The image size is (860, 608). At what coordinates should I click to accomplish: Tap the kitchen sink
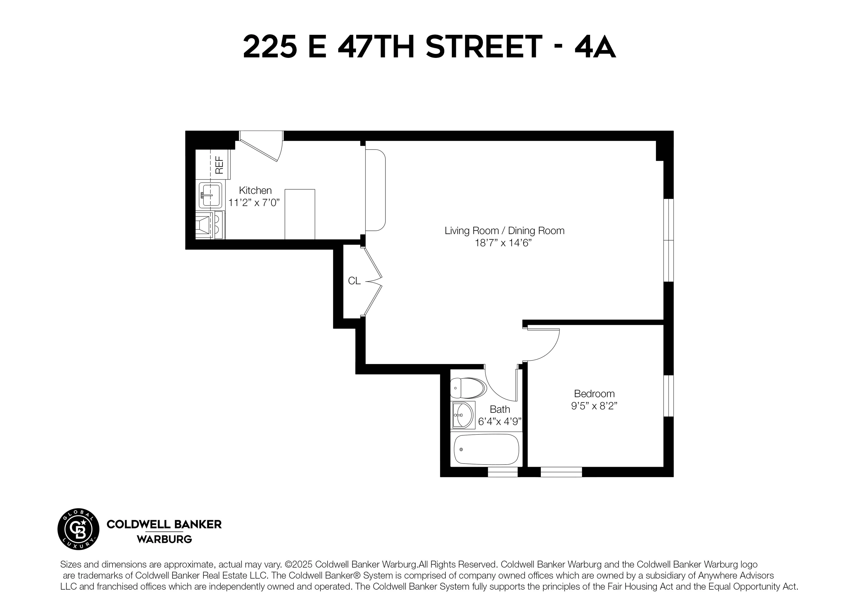coord(210,195)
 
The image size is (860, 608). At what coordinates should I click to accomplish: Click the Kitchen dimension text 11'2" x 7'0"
coord(254,203)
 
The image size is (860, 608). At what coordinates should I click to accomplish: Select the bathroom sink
coord(463,415)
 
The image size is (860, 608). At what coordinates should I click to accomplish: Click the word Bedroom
coord(594,394)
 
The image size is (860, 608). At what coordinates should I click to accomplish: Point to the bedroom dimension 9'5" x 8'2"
coord(594,406)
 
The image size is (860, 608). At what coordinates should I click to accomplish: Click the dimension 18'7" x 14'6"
coord(503,243)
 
